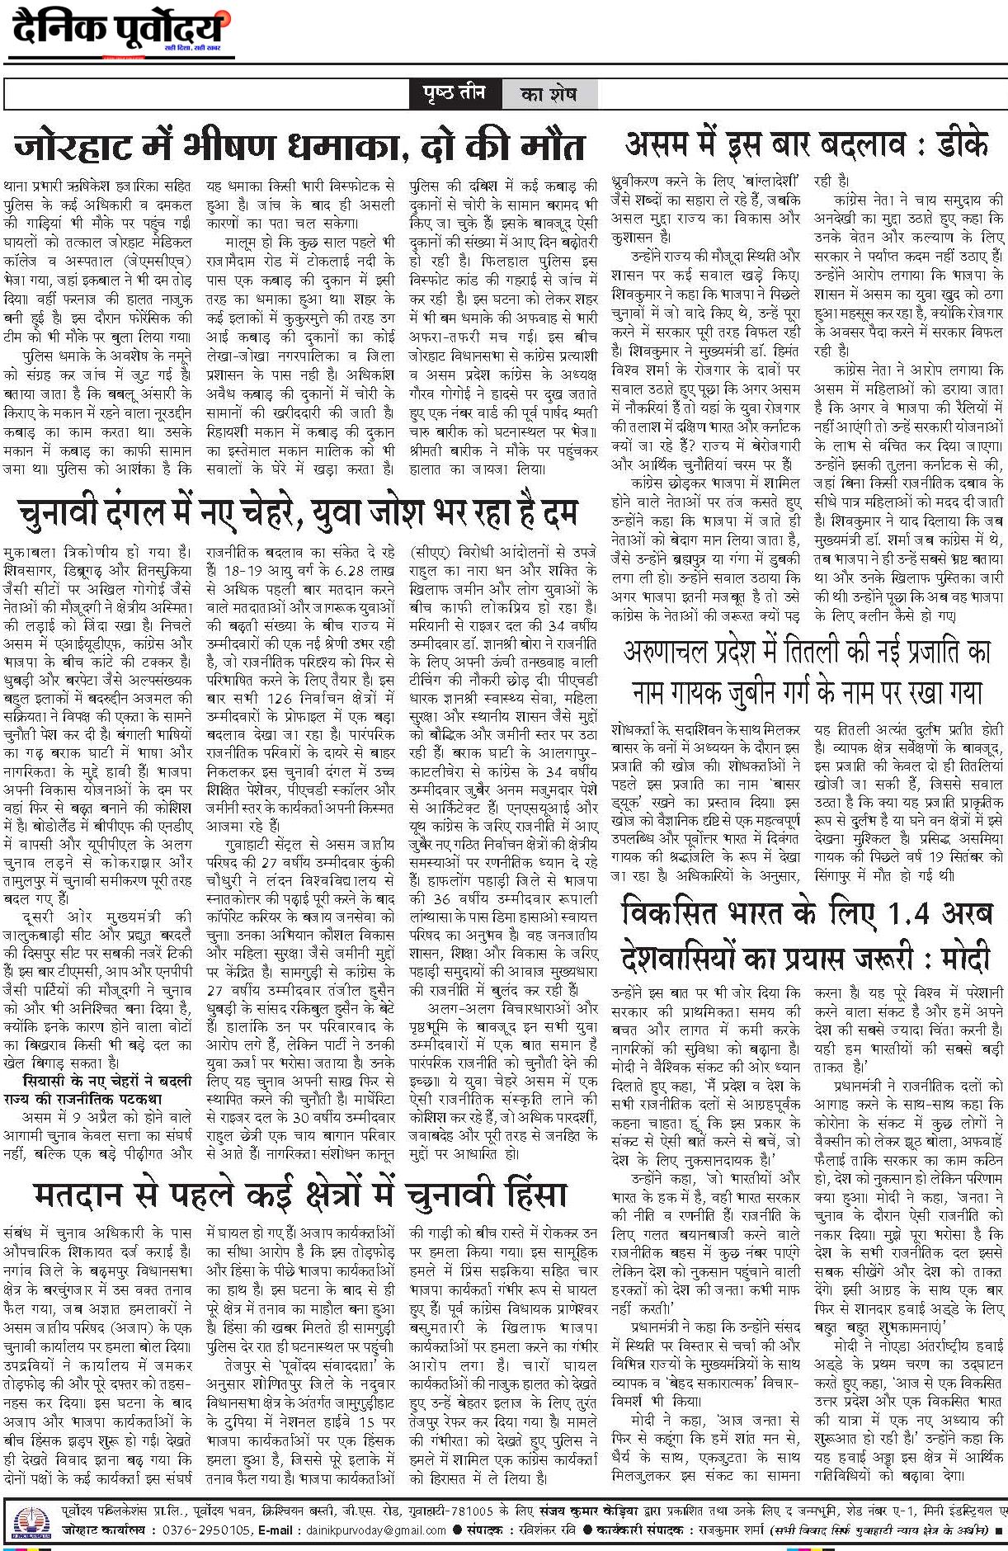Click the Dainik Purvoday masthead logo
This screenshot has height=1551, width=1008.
click(x=120, y=31)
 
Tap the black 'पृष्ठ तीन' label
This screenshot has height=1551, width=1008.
click(x=455, y=94)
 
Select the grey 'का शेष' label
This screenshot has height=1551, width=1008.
click(x=548, y=95)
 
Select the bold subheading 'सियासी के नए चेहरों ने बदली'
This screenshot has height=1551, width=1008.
click(x=97, y=1081)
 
